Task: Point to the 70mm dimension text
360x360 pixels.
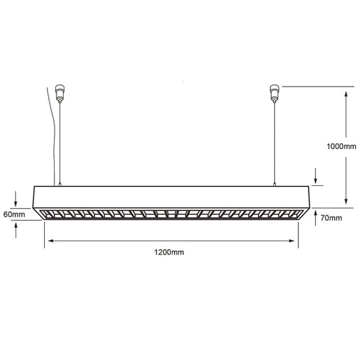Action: [x=332, y=218]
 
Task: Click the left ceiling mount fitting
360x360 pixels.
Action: [x=59, y=92]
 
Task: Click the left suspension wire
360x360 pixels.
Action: [x=60, y=140]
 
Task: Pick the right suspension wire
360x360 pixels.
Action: [x=273, y=140]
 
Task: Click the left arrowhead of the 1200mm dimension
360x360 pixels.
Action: [x=49, y=242]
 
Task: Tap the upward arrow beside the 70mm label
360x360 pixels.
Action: [x=316, y=213]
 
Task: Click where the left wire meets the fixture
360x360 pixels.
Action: [x=61, y=185]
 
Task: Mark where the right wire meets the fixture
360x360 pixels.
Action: [x=274, y=185]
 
